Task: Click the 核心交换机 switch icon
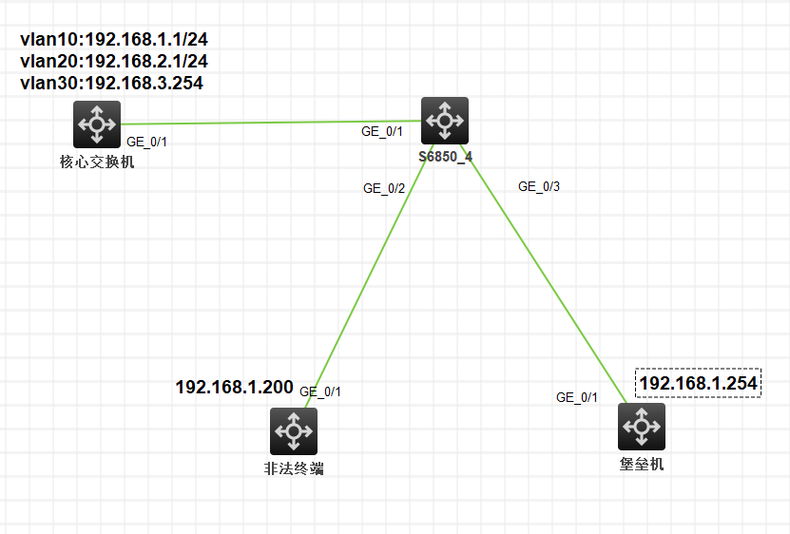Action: coord(97,124)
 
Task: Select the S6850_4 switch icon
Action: coord(445,120)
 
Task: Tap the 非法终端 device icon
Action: coord(294,431)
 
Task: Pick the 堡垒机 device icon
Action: coord(641,426)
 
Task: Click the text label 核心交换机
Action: coord(97,161)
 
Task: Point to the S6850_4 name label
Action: coord(445,156)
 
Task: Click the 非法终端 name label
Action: coord(294,467)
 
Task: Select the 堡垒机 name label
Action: coord(641,463)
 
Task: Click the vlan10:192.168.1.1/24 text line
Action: coord(114,40)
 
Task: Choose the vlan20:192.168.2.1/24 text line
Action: coord(114,61)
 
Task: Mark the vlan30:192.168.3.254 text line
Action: coord(111,83)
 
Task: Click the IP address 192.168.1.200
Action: coord(235,388)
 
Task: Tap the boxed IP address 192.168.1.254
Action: coord(699,384)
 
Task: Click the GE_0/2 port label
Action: coord(384,188)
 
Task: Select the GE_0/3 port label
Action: coord(539,187)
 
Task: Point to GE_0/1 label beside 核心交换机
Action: coord(146,142)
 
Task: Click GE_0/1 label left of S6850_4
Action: coord(382,131)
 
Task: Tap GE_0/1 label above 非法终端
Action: coord(320,391)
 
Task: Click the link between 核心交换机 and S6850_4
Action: coord(276,122)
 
